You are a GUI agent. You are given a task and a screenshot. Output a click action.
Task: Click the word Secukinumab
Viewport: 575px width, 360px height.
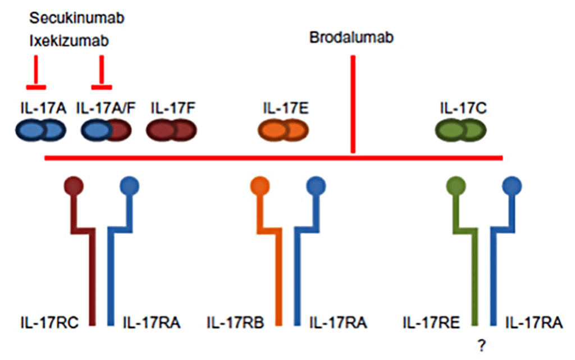[x=76, y=18]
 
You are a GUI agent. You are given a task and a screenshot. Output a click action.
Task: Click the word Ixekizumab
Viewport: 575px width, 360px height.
[x=69, y=40]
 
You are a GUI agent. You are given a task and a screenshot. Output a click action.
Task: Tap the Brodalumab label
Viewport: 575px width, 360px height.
[x=352, y=38]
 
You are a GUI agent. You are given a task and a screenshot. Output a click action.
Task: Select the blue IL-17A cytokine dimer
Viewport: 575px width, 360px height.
[x=40, y=130]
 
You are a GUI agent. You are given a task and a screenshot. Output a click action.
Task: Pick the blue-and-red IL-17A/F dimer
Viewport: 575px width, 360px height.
[x=106, y=130]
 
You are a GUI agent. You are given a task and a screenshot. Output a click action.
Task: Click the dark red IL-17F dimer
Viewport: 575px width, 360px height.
[x=171, y=130]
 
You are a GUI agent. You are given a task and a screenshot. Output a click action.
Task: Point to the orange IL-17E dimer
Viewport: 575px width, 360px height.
[x=283, y=130]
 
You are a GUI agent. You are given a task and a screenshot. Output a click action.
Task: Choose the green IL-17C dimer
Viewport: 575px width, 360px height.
[x=460, y=130]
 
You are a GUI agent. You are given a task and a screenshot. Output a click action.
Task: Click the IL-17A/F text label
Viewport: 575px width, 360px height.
[x=106, y=108]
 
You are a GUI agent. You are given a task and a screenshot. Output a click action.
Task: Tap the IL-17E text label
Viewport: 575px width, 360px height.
[x=286, y=108]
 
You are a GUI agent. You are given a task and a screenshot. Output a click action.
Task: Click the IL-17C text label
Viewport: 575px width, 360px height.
[x=463, y=108]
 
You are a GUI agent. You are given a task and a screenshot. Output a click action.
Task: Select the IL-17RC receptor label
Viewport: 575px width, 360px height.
[x=49, y=322]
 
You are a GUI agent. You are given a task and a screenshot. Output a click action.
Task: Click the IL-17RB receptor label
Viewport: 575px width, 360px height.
[x=235, y=322]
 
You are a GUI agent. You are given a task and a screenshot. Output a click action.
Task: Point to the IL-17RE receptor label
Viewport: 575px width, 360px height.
[x=431, y=322]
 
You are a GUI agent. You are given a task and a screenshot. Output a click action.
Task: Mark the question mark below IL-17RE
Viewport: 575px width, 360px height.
[x=482, y=345]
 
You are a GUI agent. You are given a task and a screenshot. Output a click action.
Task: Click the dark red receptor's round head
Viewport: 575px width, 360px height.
[x=74, y=186]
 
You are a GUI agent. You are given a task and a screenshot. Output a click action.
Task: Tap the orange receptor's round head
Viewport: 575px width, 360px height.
[x=260, y=186]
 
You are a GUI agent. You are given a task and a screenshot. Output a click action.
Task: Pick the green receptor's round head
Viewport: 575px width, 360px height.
[x=456, y=186]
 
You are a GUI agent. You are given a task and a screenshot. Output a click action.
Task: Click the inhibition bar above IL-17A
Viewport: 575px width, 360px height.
[x=36, y=87]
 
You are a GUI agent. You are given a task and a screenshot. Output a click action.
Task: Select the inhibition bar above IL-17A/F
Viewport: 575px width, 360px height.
[x=102, y=87]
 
